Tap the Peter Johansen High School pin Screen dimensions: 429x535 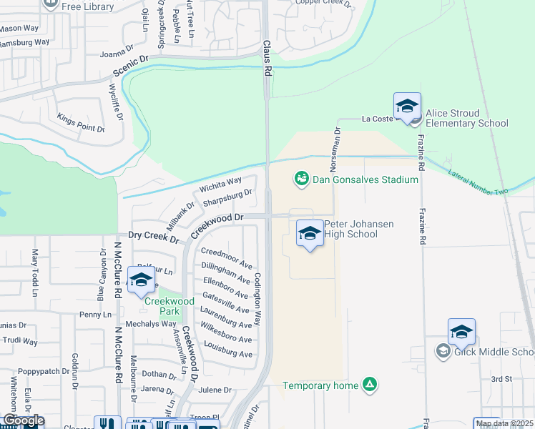(x=310, y=234)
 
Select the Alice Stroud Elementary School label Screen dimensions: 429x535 (x=466, y=118)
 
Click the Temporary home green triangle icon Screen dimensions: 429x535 (x=370, y=385)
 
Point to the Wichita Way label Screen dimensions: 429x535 (x=221, y=187)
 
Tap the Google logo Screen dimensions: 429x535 (x=23, y=420)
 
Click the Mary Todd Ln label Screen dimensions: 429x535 (x=34, y=272)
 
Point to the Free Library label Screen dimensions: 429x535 (x=88, y=6)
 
